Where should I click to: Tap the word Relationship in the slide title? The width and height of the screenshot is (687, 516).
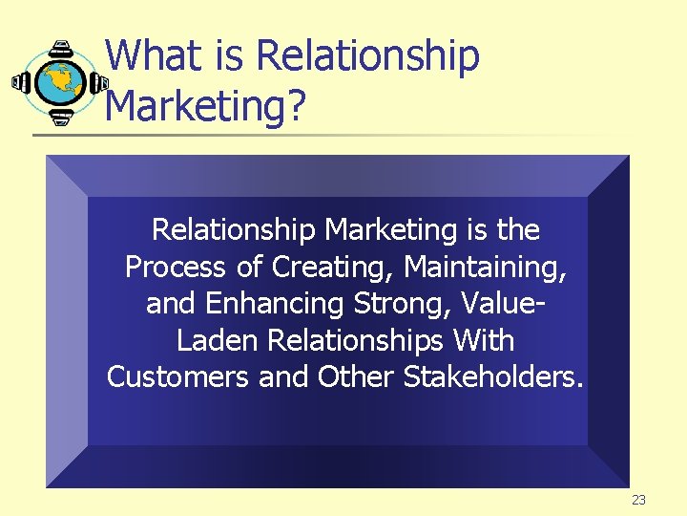pyautogui.click(x=368, y=57)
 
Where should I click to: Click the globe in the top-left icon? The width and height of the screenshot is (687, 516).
pyautogui.click(x=60, y=82)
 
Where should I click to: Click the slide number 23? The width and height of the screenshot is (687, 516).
pyautogui.click(x=638, y=500)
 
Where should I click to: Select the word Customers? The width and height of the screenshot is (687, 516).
pyautogui.click(x=178, y=377)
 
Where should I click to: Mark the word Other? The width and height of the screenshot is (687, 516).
pyautogui.click(x=354, y=377)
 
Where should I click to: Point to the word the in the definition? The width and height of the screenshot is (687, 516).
pyautogui.click(x=518, y=230)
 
